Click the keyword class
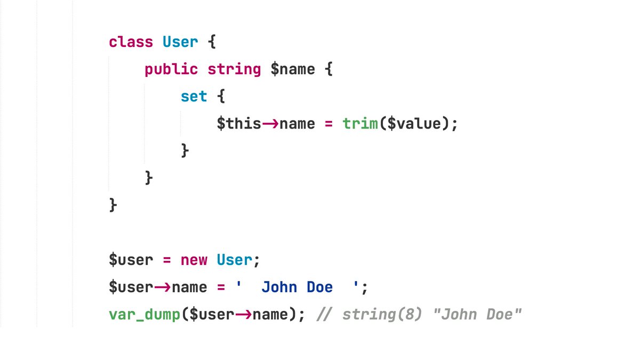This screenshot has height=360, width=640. click(131, 42)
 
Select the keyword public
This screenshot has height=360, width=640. click(171, 69)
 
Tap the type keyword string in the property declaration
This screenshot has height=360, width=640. click(234, 69)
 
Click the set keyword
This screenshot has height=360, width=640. click(194, 97)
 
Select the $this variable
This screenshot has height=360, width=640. click(238, 124)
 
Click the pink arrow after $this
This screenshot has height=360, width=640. click(270, 124)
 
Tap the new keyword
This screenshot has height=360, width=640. click(194, 260)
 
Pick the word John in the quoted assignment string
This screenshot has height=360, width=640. click(279, 287)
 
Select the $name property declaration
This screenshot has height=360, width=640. click(293, 69)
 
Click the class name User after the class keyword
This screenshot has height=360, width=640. click(180, 42)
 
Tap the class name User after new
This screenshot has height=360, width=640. click(234, 260)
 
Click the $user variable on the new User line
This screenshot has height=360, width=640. click(131, 260)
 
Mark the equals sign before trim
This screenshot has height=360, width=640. click(329, 124)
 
